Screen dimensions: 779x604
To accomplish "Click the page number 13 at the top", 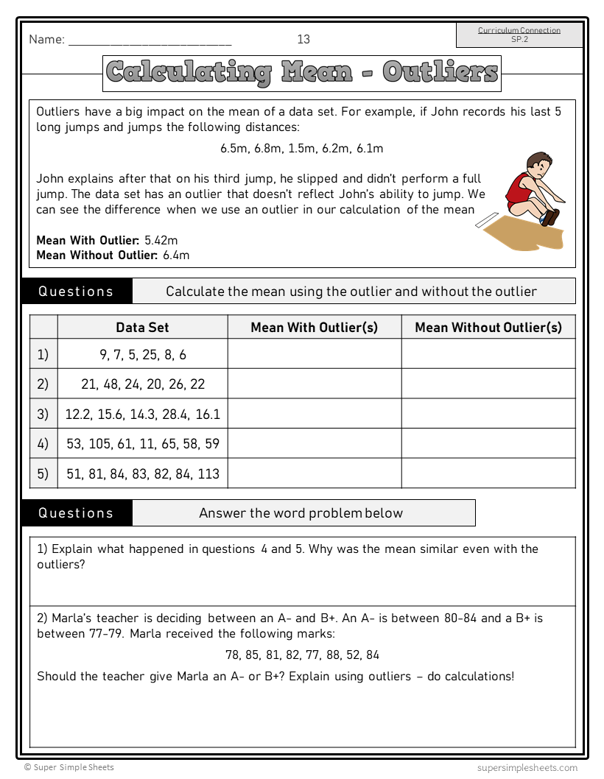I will pos(303,39).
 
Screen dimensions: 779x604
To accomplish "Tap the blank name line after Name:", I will pos(150,41).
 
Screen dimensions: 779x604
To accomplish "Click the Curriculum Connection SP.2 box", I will pos(519,35).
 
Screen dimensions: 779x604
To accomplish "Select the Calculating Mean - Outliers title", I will pos(302,73).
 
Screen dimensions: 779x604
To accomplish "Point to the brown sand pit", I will pos(530,233).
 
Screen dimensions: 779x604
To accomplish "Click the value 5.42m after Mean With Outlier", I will pos(161,240).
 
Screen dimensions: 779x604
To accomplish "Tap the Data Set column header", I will pos(142,328).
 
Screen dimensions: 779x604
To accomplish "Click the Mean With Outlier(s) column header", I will pos(315,328).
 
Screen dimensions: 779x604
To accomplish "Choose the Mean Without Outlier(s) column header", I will pos(488,328).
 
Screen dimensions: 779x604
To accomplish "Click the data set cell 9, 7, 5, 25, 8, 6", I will pos(142,355).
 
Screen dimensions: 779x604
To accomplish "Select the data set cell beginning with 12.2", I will pos(142,415).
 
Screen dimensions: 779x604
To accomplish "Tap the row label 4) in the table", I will pos(43,444).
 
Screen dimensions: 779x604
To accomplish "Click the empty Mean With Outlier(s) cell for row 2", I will pos(315,384).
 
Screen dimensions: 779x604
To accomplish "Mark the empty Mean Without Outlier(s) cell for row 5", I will pos(488,473).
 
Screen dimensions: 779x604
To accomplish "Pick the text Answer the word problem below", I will pos(301,513).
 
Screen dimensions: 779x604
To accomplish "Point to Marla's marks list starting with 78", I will pos(302,655).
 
